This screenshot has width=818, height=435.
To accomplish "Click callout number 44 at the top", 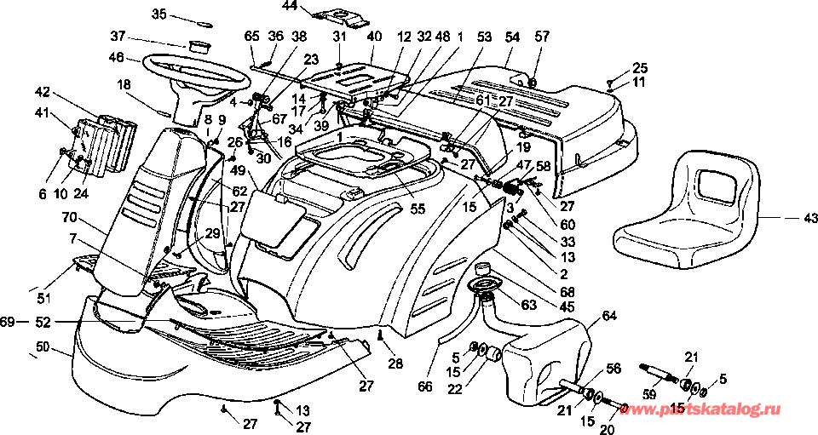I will coord(290,6).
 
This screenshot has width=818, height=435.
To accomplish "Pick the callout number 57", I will coord(542,37).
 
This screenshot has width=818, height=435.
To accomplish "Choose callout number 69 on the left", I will coord(8,322).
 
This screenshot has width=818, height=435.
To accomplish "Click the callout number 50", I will coord(43,348).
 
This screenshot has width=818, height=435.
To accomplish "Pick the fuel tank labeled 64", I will coord(545,358).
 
